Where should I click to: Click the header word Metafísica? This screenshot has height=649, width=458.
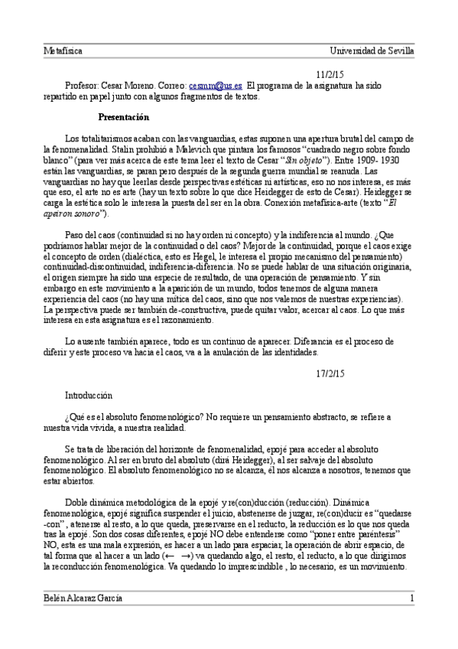click(63, 51)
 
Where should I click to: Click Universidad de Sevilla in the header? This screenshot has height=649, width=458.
click(372, 51)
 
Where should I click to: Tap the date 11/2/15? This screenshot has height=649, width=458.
click(331, 75)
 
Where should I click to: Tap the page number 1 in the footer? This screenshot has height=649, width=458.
click(411, 597)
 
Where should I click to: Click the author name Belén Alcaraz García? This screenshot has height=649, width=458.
click(83, 597)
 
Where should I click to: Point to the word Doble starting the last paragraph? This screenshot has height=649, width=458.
click(80, 495)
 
